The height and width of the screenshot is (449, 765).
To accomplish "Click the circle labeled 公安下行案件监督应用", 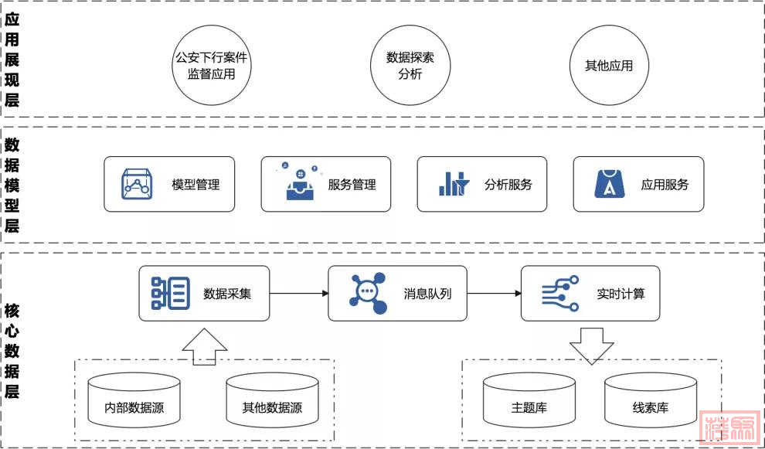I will (x=211, y=66).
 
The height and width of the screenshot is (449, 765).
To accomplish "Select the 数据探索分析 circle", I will (x=410, y=66).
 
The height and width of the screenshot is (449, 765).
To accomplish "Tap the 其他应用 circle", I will (x=609, y=66).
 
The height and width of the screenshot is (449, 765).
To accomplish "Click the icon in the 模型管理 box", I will (x=137, y=185).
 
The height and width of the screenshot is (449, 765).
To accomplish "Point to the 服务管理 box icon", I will (x=300, y=183).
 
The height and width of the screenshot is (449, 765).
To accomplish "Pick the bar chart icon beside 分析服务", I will (x=454, y=184).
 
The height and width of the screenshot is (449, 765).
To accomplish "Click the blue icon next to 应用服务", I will (x=609, y=184).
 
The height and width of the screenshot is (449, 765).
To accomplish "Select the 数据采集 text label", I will (x=227, y=294).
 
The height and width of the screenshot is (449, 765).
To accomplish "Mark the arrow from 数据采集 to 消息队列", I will (x=299, y=294).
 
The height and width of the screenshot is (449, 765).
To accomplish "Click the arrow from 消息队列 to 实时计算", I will (x=494, y=294).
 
